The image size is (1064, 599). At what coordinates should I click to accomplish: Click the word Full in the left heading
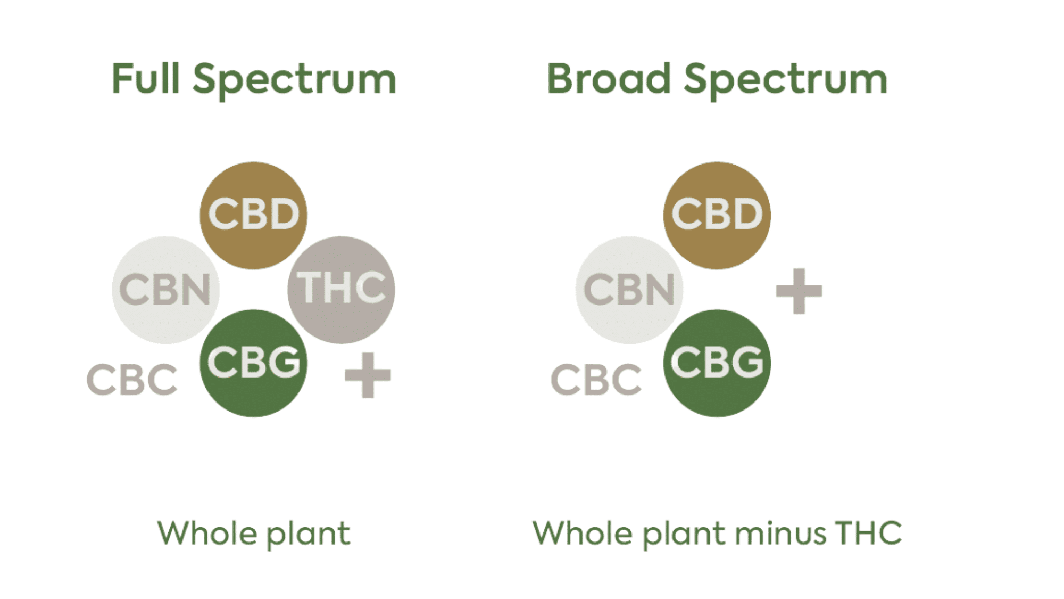coord(145,79)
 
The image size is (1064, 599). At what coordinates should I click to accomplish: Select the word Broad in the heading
coord(609,79)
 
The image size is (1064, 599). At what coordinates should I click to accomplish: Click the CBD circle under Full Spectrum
coord(253,215)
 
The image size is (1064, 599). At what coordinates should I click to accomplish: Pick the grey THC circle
coord(341,289)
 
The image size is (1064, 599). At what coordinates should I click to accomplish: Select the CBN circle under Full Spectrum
coord(165,290)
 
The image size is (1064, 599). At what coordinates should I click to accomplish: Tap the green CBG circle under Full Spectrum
coord(253,363)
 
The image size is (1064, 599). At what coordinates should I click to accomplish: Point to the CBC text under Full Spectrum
coord(131,380)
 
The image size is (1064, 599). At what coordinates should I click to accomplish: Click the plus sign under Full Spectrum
coord(368,375)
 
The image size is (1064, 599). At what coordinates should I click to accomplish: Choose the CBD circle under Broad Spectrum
coord(717,215)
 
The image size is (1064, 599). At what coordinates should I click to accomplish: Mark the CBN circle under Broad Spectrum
coord(629,290)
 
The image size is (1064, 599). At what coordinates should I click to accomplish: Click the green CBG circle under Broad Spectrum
coord(717,363)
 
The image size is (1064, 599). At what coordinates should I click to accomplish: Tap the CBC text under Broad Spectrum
coord(596,380)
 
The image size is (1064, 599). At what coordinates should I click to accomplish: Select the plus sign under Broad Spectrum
coord(799,291)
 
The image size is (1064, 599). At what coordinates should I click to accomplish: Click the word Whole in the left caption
coord(207,533)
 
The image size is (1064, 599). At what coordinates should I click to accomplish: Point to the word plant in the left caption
coord(308,534)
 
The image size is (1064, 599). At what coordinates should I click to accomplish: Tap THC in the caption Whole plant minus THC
coord(868,533)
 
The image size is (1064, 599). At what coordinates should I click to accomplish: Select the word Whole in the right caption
coord(583,533)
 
